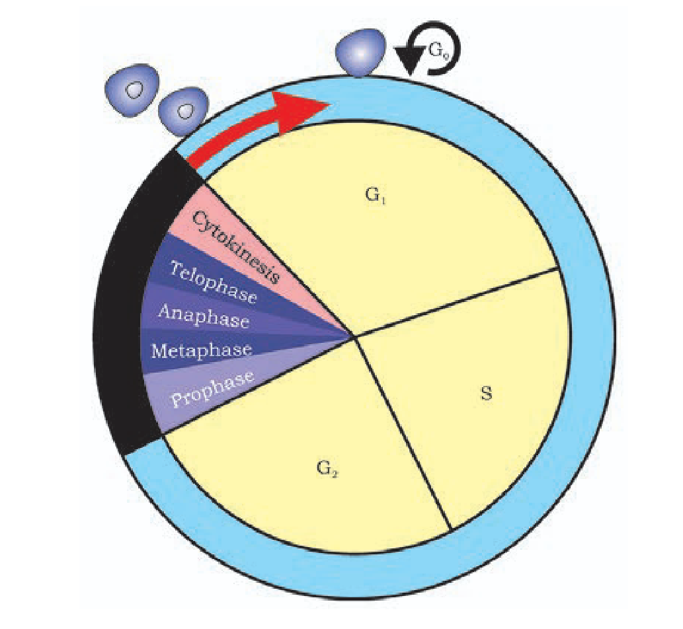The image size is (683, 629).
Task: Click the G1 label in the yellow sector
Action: (x=375, y=196)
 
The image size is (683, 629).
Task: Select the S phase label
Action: (x=486, y=396)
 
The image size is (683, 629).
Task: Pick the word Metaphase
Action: (x=201, y=350)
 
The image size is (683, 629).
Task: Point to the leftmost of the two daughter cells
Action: (x=135, y=89)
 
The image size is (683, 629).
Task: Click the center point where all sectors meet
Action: (x=354, y=336)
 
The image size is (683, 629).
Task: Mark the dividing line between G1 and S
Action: (x=456, y=303)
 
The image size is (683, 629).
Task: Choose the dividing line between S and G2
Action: (x=403, y=433)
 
